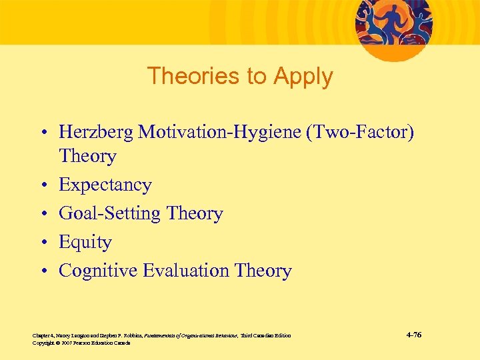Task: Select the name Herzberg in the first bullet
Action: click(95, 133)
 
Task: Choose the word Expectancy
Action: click(105, 185)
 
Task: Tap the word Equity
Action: click(85, 243)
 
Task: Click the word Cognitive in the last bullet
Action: click(101, 271)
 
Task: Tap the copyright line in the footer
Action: click(81, 343)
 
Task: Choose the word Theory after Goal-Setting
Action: click(195, 213)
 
